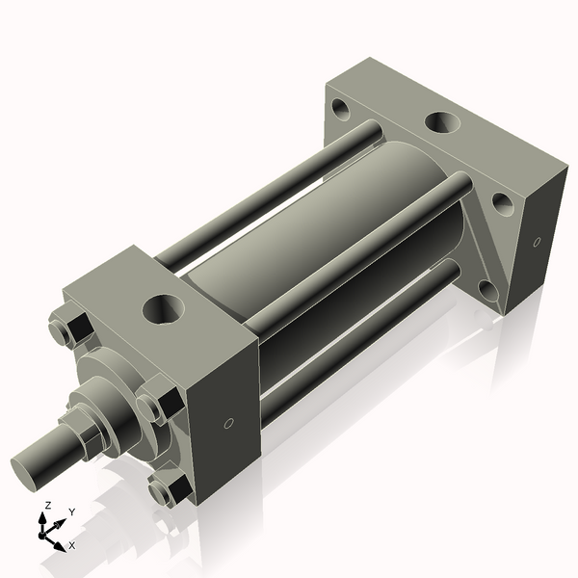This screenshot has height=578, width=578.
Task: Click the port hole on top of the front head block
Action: coord(161,309)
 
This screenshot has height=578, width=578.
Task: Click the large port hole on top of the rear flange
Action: coord(441,122)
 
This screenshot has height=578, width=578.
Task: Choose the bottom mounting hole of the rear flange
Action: coord(486,290)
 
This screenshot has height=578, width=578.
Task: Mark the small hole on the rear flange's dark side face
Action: coord(537,242)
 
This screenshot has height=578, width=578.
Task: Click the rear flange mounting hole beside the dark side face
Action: coord(502,203)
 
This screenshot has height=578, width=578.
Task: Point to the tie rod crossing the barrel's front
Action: coord(356,251)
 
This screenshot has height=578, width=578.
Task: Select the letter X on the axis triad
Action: coord(71,545)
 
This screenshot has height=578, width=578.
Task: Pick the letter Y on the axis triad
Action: coord(71,512)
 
